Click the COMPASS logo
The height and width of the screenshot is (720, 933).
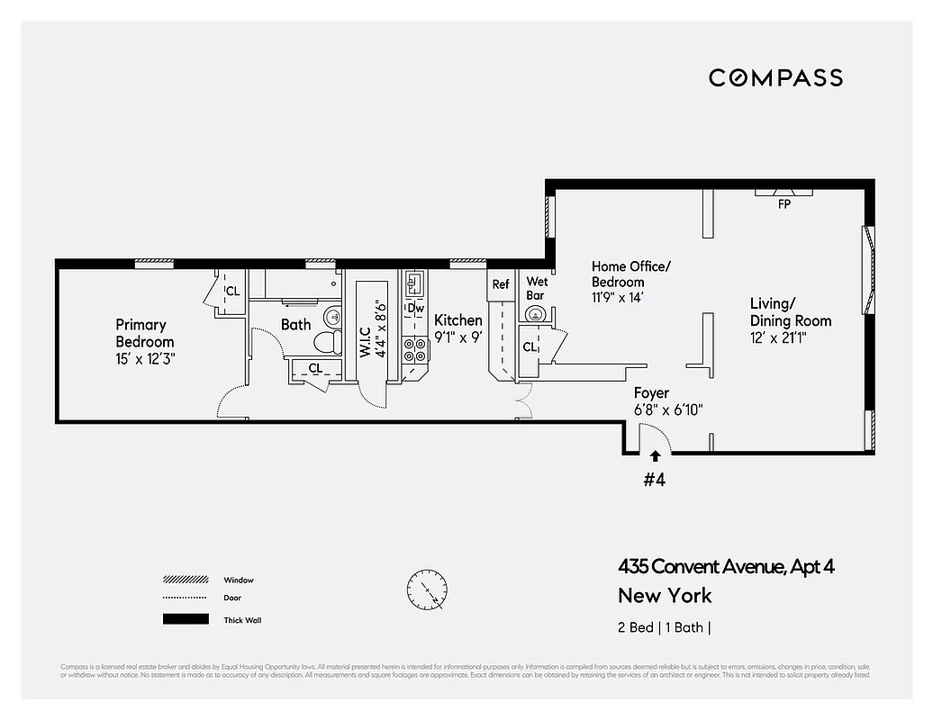point(775,78)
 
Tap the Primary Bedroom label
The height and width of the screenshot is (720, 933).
point(144,333)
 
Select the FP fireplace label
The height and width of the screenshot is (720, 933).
point(784,204)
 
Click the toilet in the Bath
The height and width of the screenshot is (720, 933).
point(325,343)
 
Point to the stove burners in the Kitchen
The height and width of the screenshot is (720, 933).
point(415,349)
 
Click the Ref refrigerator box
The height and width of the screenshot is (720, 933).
point(501,284)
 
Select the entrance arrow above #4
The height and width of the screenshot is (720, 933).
point(655,456)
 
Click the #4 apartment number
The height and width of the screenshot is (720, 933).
point(654,480)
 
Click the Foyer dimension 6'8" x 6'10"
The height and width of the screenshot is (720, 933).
point(667,410)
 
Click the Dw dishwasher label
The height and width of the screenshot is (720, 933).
point(415,309)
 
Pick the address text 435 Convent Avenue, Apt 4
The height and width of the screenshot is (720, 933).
point(732,566)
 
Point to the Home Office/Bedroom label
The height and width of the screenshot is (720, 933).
point(630,274)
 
